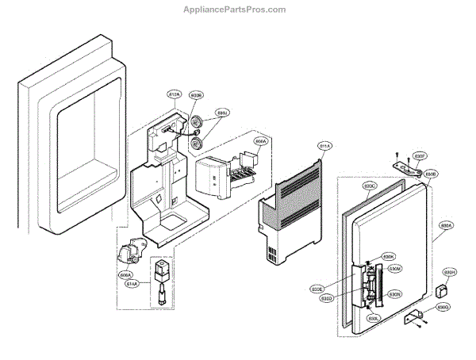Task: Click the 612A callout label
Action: click(175, 94)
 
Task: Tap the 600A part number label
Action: click(259, 142)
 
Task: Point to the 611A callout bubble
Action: click(324, 146)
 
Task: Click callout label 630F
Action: click(420, 156)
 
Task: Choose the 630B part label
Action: click(431, 173)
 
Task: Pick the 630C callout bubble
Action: click(370, 186)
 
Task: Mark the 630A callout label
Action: click(446, 226)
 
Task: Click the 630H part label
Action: click(450, 272)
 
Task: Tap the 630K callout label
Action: click(388, 257)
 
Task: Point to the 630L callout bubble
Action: click(372, 318)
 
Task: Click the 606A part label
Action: click(125, 275)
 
